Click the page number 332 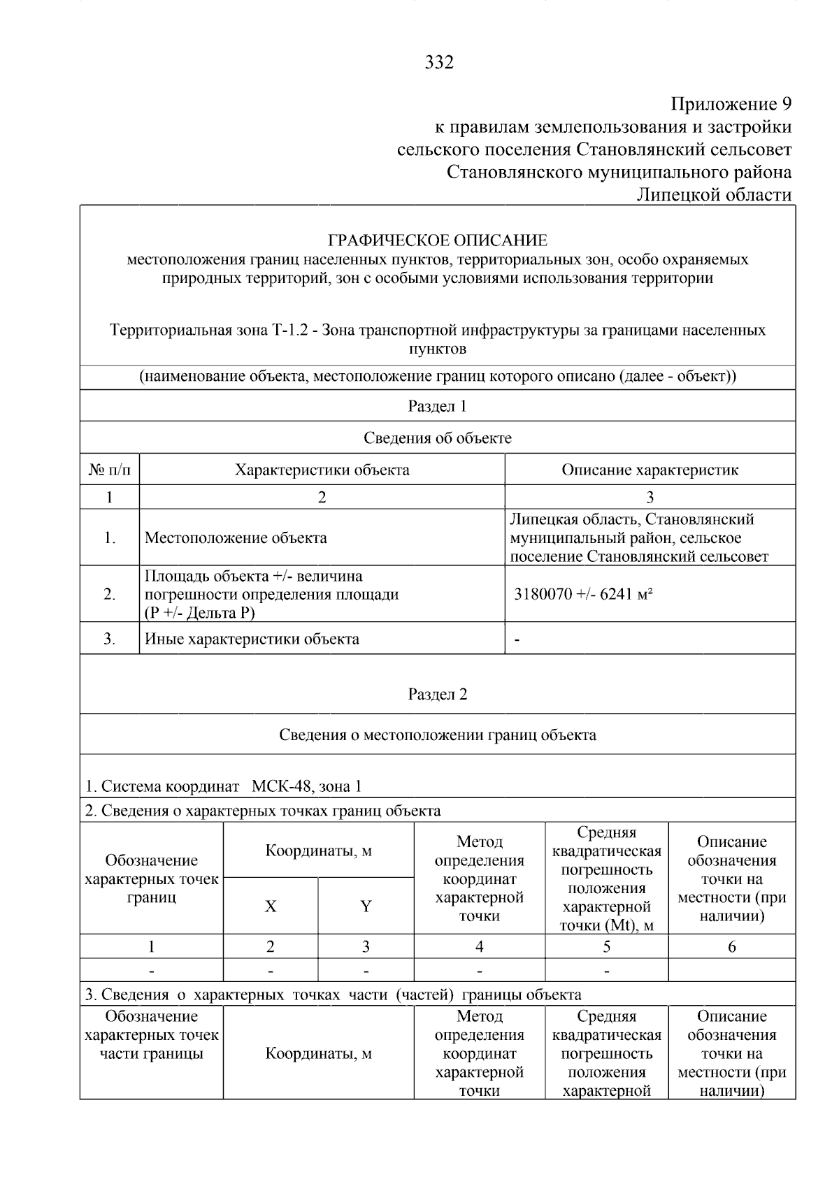click(x=439, y=63)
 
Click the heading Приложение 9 click(x=731, y=105)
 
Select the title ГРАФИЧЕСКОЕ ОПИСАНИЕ click(x=438, y=241)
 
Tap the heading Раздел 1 click(x=438, y=406)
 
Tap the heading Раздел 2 click(x=438, y=694)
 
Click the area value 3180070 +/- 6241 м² click(x=583, y=594)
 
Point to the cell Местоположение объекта click(x=236, y=537)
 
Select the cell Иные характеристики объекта click(x=252, y=639)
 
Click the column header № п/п click(x=110, y=470)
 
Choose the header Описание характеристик click(x=650, y=470)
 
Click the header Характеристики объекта click(x=322, y=470)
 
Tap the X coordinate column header click(x=271, y=906)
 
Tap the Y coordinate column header click(x=366, y=906)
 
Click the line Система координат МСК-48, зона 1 click(x=224, y=786)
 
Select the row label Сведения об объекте click(x=438, y=438)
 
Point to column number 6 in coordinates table click(x=731, y=947)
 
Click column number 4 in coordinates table click(x=479, y=947)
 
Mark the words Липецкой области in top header click(x=714, y=194)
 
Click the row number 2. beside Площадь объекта click(x=110, y=594)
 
